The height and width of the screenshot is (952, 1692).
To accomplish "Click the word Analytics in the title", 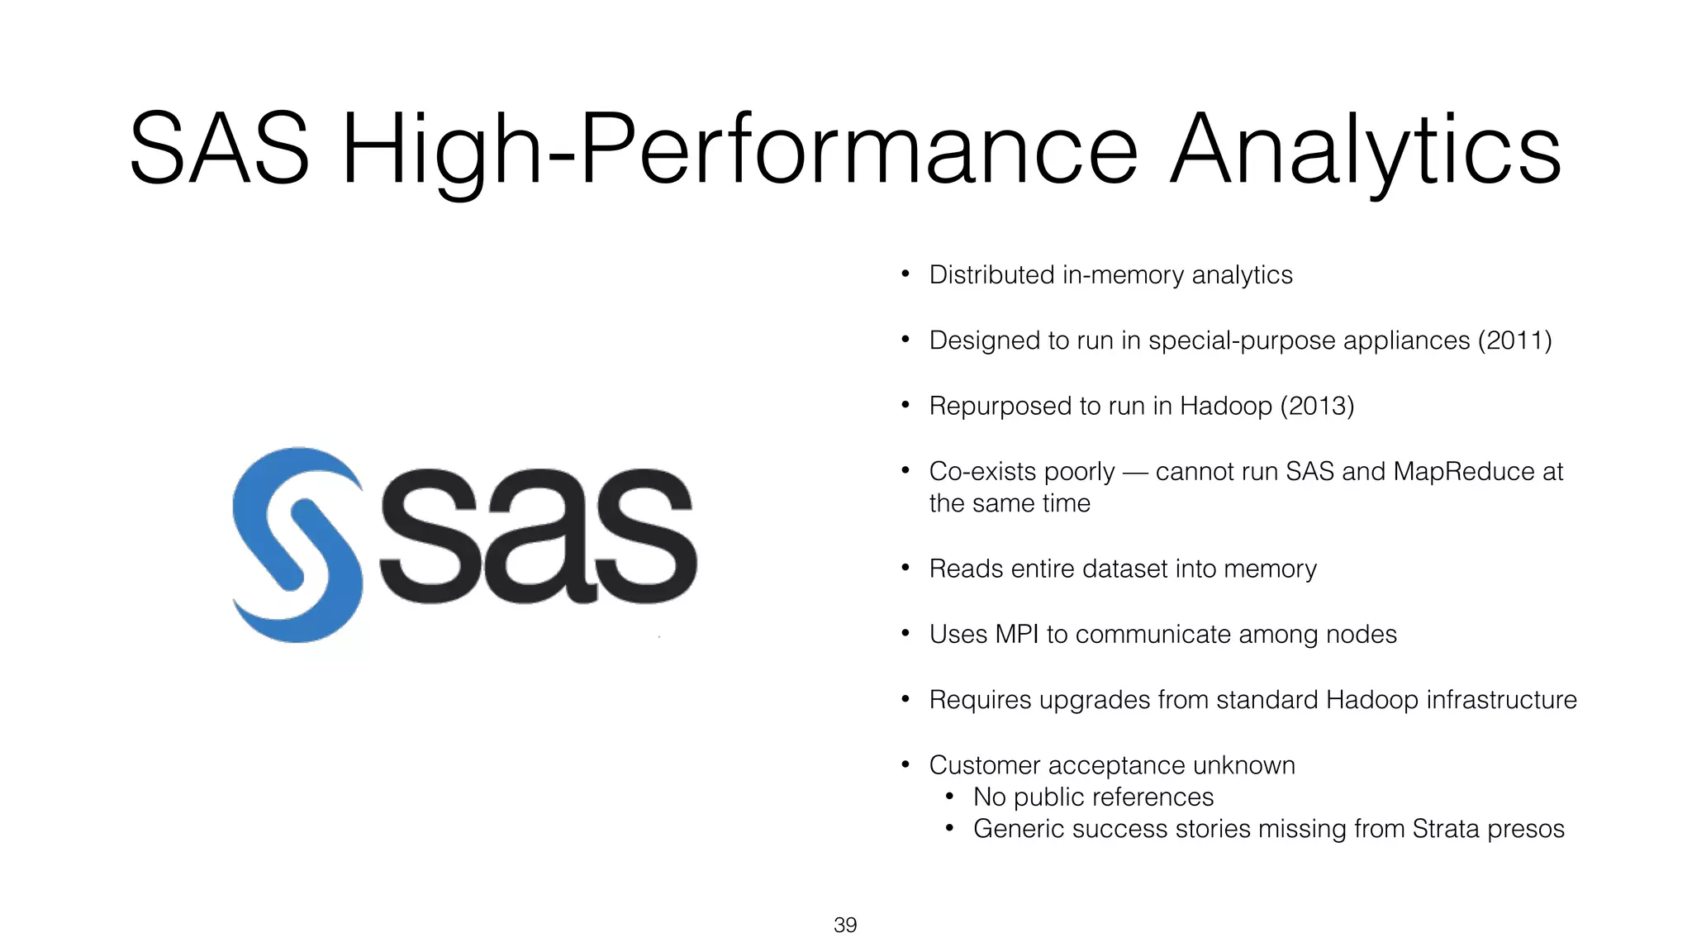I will click(1365, 150).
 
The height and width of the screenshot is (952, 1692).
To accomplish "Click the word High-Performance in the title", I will click(739, 150).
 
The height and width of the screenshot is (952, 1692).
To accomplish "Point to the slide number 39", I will click(845, 925).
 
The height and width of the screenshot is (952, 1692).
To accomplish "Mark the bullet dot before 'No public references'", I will click(950, 797).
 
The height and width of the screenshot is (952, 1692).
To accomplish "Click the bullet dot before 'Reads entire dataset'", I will click(905, 568).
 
